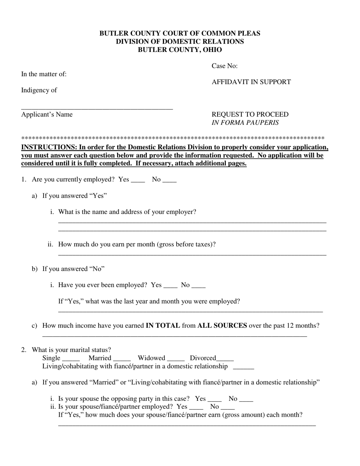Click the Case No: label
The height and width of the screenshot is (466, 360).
click(x=224, y=66)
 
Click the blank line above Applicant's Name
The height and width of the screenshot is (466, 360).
click(x=97, y=108)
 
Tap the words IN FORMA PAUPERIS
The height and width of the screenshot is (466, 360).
click(x=245, y=123)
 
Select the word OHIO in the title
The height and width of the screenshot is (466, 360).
click(x=211, y=50)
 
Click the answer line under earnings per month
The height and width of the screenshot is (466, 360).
click(x=192, y=254)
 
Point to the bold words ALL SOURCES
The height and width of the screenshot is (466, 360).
click(x=222, y=325)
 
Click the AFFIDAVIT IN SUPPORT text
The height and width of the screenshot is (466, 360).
click(x=251, y=82)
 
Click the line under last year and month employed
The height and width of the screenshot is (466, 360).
click(x=190, y=311)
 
